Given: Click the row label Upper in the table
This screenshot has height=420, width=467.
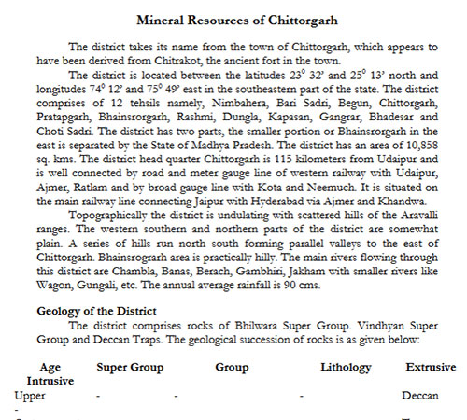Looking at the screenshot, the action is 30,395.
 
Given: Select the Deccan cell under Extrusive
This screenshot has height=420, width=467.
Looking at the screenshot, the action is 419,395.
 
